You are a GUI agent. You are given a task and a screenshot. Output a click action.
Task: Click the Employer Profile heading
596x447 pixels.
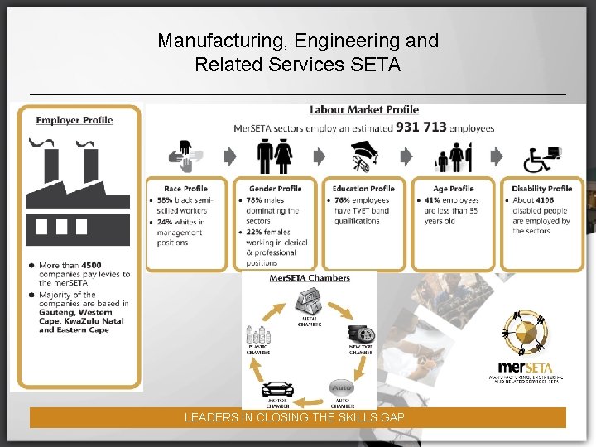point(74,120)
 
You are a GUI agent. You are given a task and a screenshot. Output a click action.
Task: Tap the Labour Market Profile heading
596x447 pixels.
point(364,109)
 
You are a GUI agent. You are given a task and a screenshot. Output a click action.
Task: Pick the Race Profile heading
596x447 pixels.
point(185,189)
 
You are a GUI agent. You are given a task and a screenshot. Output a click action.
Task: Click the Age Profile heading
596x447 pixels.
point(453,189)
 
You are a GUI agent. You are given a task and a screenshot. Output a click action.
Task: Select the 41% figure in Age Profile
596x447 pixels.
point(432,200)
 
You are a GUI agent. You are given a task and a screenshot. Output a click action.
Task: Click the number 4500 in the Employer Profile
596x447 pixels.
point(92,266)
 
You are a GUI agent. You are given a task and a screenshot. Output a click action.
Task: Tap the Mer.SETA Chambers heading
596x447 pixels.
point(310,278)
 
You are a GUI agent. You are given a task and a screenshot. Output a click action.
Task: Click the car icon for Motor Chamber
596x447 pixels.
point(276,389)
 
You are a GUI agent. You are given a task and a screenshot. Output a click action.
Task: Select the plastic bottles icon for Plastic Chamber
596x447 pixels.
point(257,334)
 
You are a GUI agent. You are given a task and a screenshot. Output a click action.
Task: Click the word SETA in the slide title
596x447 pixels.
point(372,64)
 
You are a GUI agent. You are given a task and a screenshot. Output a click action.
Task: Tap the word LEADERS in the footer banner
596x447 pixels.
point(209,418)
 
